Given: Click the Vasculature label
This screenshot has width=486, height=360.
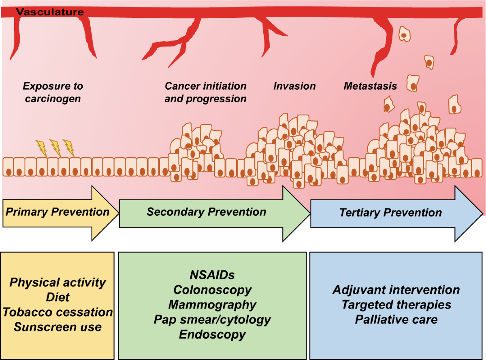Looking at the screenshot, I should (50, 12).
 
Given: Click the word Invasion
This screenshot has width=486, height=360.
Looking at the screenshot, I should (294, 86).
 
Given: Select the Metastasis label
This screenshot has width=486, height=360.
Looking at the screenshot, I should (370, 86).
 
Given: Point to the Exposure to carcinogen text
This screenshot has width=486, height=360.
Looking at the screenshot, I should (53, 92).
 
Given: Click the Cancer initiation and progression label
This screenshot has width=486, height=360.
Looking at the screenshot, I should (205, 92).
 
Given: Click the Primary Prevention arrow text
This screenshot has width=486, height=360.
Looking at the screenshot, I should (58, 212).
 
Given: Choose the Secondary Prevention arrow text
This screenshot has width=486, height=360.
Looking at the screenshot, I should (206, 212).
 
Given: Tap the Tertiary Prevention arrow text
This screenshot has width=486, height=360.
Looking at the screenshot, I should (390, 213).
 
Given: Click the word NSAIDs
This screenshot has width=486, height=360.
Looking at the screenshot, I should (212, 275).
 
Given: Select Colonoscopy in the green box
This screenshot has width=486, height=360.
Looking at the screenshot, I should (212, 290).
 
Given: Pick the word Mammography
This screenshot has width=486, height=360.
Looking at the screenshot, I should (212, 305).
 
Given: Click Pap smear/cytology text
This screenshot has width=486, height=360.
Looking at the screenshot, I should (212, 320).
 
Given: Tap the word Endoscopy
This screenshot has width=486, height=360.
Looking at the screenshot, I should (212, 335).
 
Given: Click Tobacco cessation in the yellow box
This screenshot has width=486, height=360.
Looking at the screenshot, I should (58, 312).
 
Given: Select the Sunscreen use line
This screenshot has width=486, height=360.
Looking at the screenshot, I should (58, 327).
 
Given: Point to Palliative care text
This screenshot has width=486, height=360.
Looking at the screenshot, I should (396, 319).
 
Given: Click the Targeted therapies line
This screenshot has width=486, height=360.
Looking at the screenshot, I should (396, 305).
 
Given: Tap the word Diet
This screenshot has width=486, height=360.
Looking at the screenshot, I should (58, 297).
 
